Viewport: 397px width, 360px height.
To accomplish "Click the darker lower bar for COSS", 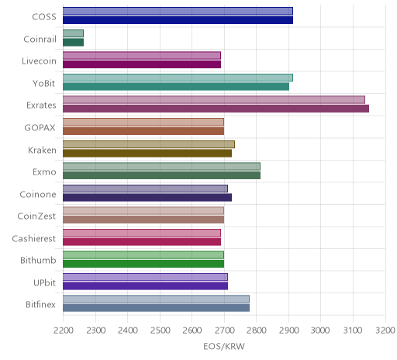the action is (x=178, y=20).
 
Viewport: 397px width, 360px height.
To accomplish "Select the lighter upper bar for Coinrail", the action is (x=73, y=33).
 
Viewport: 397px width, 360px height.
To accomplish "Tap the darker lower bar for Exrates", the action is (x=216, y=109).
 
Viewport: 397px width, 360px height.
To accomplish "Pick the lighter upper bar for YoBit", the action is (x=178, y=78).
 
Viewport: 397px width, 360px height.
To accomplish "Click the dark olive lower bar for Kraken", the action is (x=147, y=153).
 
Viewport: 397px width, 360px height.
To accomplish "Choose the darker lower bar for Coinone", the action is (x=147, y=197).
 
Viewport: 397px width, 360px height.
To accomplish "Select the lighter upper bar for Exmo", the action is (x=161, y=166).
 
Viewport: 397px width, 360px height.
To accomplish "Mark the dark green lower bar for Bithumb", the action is (x=143, y=264).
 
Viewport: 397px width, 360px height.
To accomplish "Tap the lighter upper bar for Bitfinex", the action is (x=156, y=299).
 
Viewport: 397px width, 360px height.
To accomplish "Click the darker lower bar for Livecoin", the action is (x=142, y=64).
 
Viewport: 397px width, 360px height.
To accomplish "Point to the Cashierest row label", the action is (x=34, y=238).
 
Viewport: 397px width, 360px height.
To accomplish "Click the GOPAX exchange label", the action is (x=40, y=128).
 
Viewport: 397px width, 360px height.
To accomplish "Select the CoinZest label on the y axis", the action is (x=36, y=216).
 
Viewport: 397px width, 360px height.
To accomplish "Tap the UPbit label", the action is (x=44, y=282).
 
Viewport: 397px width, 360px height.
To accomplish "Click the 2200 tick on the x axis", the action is (x=64, y=331).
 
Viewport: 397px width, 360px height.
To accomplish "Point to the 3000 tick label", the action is (x=320, y=331).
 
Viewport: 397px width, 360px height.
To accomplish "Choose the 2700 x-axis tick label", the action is (x=224, y=331).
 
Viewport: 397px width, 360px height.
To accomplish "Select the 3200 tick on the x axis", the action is (x=385, y=331).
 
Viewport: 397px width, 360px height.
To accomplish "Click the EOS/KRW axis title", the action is (x=224, y=346).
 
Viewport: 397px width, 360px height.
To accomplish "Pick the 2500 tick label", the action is (x=160, y=331).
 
